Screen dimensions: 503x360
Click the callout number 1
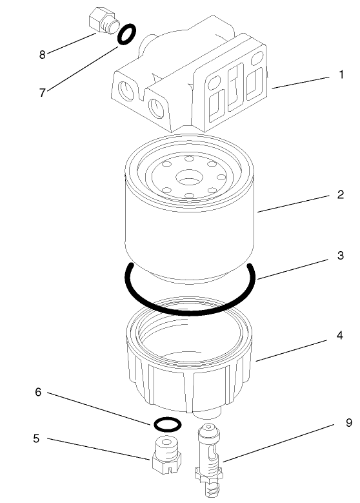[341, 76]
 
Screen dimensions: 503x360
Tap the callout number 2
[341, 194]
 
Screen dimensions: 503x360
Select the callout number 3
[341, 255]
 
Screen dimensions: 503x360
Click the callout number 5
[37, 438]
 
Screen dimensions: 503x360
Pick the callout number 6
[38, 392]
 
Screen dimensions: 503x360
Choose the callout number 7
[43, 92]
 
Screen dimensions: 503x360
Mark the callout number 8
[43, 54]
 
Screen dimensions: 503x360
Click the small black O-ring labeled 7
[127, 35]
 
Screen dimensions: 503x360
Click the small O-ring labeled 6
[167, 424]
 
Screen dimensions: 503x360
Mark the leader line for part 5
[97, 448]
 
